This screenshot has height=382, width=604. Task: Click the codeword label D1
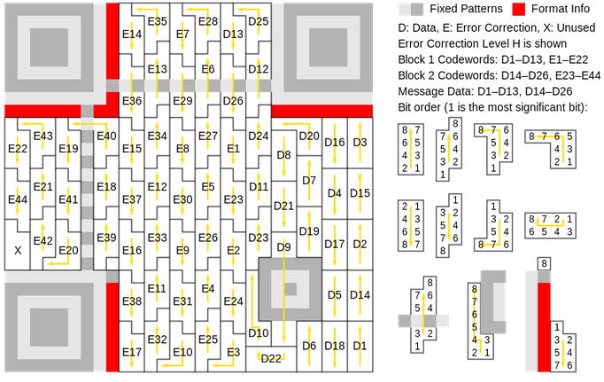pos(360,346)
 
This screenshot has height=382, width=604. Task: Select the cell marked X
pos(18,251)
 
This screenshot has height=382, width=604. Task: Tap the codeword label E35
pos(157,21)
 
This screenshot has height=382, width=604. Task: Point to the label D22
pos(271,358)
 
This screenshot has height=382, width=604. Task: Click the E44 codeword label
pos(18,199)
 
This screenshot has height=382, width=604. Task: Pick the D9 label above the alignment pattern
pos(284,246)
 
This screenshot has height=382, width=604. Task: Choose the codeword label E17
pos(132,352)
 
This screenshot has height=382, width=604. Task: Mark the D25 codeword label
pos(259,21)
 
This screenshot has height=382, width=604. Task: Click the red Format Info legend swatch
pos(518,9)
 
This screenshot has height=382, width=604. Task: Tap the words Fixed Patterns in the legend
pos(466,9)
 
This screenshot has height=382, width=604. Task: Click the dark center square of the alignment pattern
pos(290,289)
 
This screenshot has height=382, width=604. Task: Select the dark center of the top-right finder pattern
pos(329,47)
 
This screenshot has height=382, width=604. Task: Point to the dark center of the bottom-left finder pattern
pos(49,327)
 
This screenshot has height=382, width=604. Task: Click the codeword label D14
pos(360,295)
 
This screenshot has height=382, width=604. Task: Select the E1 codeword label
pos(233,148)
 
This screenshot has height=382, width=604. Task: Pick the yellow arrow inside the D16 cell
pos(335,143)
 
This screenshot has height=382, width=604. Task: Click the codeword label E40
pos(106,136)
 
